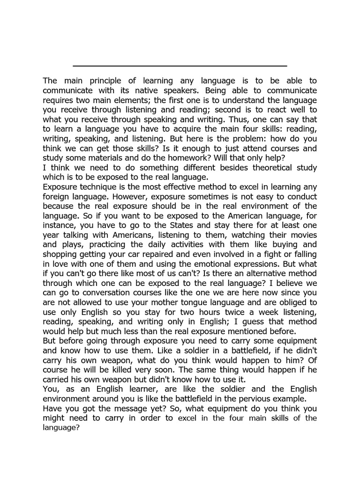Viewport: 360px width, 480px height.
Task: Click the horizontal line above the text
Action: (180, 66)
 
